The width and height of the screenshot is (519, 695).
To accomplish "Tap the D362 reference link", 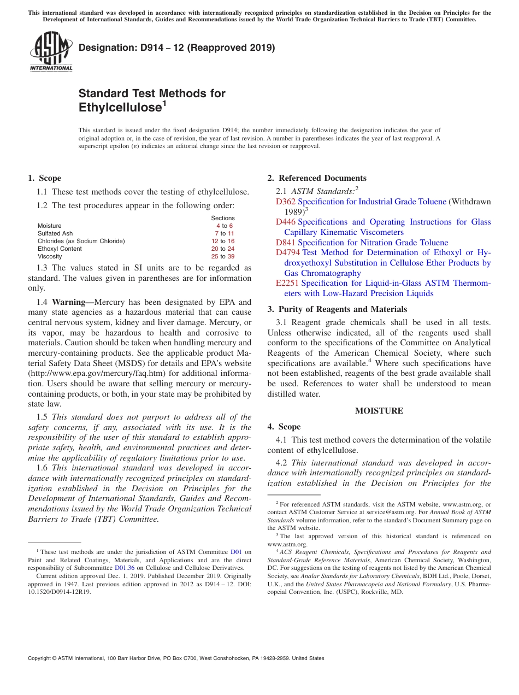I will click(x=286, y=202).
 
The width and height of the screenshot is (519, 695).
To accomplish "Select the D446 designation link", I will click(x=286, y=222).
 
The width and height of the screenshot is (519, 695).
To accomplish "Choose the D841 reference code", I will click(x=286, y=243).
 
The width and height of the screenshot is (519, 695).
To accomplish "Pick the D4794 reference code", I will click(x=288, y=252).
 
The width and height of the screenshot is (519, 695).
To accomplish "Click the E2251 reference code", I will click(x=287, y=283).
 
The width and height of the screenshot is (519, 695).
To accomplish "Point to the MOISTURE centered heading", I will click(x=379, y=411).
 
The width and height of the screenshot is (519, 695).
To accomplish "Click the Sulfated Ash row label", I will click(x=55, y=233).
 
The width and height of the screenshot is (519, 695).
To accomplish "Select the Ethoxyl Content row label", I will click(x=60, y=249).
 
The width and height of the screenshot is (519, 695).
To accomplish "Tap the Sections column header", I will click(x=223, y=218).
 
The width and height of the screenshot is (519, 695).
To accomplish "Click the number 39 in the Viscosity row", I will click(x=231, y=256).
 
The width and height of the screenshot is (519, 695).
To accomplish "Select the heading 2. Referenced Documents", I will click(x=317, y=178).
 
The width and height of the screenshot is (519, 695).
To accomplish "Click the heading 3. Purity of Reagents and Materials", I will click(x=337, y=309).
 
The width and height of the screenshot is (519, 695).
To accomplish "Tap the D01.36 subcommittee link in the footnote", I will click(x=125, y=568).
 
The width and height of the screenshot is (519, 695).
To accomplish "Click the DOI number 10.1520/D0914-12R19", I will click(x=60, y=591).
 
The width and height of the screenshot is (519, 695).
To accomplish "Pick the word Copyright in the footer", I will click(x=42, y=658).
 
